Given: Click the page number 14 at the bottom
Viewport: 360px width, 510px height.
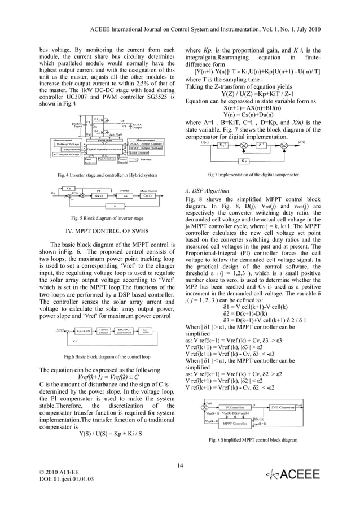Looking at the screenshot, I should coord(180,465).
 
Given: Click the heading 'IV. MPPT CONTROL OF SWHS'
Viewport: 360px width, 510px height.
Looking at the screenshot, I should coord(103,230).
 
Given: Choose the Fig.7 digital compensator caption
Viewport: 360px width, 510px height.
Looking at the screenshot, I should coord(253,175).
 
